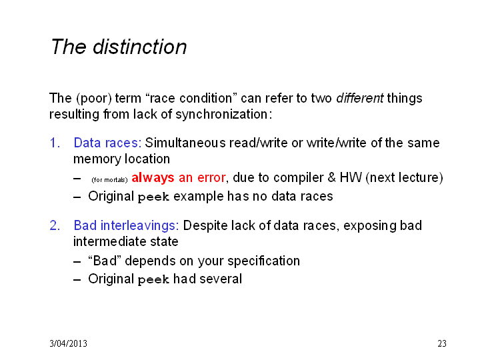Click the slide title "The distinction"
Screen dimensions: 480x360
pyautogui.click(x=119, y=47)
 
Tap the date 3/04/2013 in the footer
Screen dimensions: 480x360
pyautogui.click(x=68, y=343)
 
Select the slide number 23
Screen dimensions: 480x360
pyautogui.click(x=442, y=343)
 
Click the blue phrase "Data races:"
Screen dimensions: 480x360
pyautogui.click(x=107, y=143)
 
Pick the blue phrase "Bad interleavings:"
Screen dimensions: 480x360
pyautogui.click(x=126, y=225)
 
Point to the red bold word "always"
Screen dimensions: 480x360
pyautogui.click(x=153, y=178)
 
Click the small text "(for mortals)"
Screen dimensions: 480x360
pyautogui.click(x=109, y=180)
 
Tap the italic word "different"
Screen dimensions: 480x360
pyautogui.click(x=360, y=98)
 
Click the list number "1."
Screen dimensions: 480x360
pyautogui.click(x=55, y=143)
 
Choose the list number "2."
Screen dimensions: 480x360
pyautogui.click(x=55, y=225)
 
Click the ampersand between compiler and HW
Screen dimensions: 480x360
pyautogui.click(x=331, y=177)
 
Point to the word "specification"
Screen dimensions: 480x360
pyautogui.click(x=263, y=261)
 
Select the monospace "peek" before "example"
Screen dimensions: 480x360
pyautogui.click(x=153, y=197)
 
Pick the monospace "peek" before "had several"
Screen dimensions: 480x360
pyautogui.click(x=153, y=280)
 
